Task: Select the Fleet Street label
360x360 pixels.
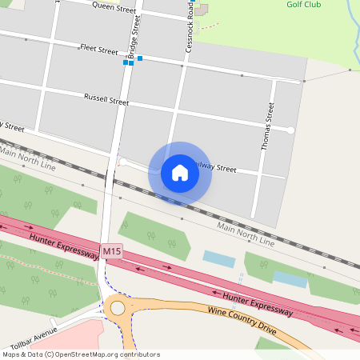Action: click(x=98, y=50)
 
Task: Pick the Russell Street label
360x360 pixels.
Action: click(x=106, y=100)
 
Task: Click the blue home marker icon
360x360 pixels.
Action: click(x=180, y=173)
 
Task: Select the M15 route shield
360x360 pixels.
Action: click(x=112, y=252)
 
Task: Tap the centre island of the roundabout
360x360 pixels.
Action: click(x=118, y=307)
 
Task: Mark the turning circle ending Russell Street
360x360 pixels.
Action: click(x=291, y=130)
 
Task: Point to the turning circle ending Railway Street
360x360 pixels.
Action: click(x=122, y=162)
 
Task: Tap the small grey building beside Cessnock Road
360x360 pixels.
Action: click(x=202, y=9)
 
